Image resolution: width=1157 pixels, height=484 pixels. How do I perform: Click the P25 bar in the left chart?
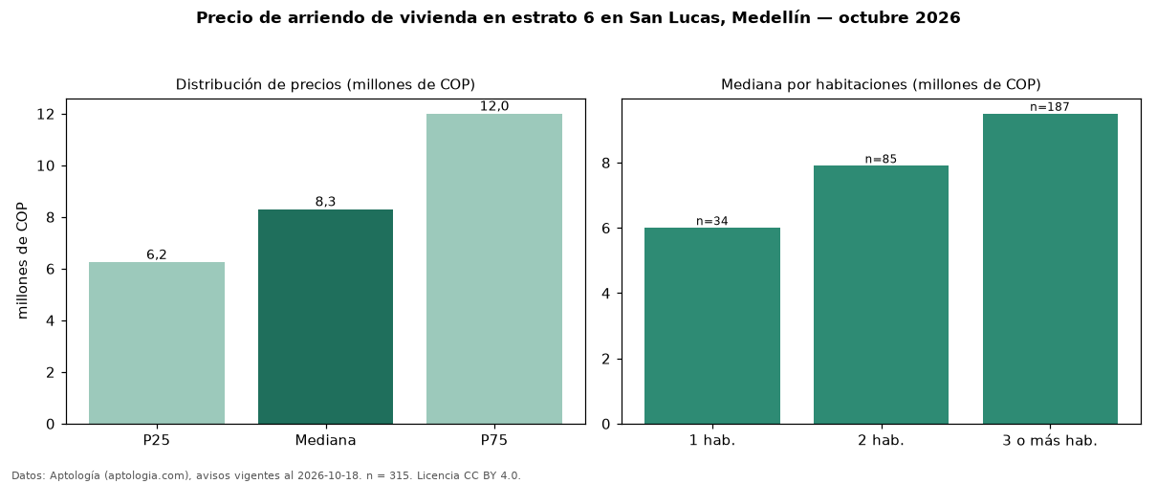coord(157,343)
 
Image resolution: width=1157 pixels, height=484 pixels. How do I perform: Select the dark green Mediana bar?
coord(325,317)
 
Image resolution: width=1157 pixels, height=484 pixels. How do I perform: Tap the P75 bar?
coord(494,269)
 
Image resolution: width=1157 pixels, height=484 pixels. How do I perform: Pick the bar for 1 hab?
coord(712,326)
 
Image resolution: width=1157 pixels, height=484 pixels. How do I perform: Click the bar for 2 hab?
coord(882,295)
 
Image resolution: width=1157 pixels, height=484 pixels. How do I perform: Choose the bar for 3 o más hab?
coord(1050,269)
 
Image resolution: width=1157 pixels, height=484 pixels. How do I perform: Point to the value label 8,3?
coord(325,202)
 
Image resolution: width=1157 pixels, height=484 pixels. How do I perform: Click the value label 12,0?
coord(494,106)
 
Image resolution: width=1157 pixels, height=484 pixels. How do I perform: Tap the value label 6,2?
coord(157,254)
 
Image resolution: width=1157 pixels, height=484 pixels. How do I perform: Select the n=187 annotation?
coord(1050,107)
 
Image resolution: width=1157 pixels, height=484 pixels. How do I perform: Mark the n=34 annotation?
coord(711,221)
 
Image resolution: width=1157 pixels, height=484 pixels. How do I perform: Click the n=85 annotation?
coord(881,159)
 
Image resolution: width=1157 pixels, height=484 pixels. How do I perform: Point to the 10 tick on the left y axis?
coord(46,165)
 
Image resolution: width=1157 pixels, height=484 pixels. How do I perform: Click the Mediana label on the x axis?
coord(325,440)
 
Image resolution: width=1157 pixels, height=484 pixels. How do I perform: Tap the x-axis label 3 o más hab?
coord(1050,441)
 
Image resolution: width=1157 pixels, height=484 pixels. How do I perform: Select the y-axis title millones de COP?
coord(22,261)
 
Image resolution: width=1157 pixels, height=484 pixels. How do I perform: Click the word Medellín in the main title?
coord(771,17)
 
